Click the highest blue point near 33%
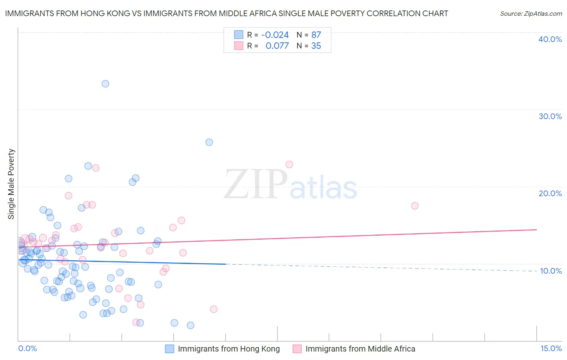click(x=105, y=84)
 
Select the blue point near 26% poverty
click(x=209, y=142)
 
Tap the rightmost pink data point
click(x=415, y=206)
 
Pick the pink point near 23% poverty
click(x=289, y=164)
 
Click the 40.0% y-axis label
click(x=550, y=39)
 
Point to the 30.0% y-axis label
click(x=550, y=116)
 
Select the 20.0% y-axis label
click(x=550, y=193)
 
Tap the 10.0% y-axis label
click(x=550, y=271)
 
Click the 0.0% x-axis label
click(x=27, y=348)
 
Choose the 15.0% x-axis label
click(x=551, y=348)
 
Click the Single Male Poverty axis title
click(x=11, y=184)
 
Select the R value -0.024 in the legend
click(x=275, y=35)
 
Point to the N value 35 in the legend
click(x=316, y=46)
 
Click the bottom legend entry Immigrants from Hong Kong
click(x=229, y=349)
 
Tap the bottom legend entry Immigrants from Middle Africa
click(x=360, y=349)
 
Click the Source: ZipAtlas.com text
click(x=531, y=13)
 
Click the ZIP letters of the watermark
click(x=256, y=184)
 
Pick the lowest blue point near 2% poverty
click(x=190, y=325)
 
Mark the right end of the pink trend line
click(x=536, y=229)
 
